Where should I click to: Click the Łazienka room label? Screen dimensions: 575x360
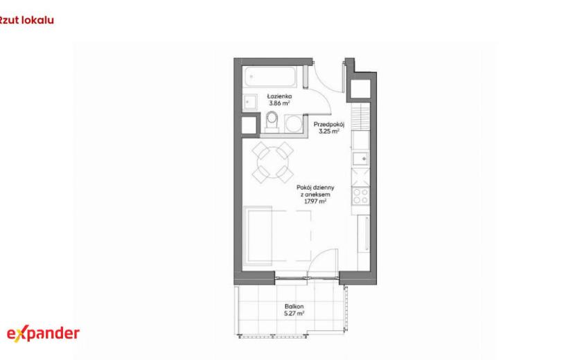coord(279,96)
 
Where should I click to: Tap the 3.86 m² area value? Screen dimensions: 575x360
coord(279,103)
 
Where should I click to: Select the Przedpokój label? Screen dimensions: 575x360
coord(329,125)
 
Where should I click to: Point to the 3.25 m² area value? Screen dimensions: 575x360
coord(329,132)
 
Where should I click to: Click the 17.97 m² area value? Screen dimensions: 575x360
coord(315,201)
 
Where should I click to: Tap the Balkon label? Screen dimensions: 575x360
coord(294,307)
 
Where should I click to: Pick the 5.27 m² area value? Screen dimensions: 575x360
coord(294,314)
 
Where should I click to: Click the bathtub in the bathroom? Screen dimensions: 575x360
coord(270,77)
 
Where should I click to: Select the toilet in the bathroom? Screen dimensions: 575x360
coord(272,121)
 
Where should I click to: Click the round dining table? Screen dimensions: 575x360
coord(273,163)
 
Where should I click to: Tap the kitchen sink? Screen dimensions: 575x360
coord(361,159)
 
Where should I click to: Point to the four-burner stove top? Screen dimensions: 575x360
coord(360,196)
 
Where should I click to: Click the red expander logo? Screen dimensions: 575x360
coord(43,334)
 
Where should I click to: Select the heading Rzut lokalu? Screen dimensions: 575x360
coord(26,20)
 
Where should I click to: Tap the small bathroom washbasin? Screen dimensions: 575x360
coord(251,101)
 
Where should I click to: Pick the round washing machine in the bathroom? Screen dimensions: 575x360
coord(294,123)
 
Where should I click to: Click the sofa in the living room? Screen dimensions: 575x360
coord(258,235)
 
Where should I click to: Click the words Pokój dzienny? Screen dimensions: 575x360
coord(315,188)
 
